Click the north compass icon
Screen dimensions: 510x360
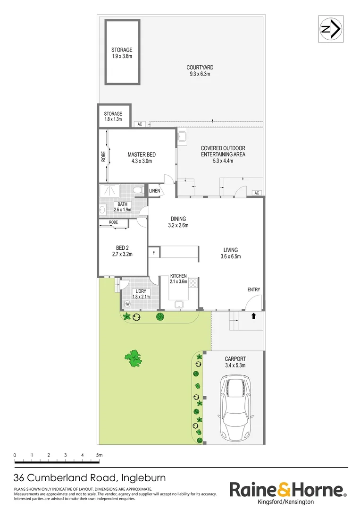click(331, 29)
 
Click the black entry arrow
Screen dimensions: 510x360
click(254, 315)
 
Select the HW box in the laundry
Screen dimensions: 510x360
click(127, 304)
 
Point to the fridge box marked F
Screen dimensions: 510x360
click(154, 253)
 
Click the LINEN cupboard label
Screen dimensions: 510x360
click(155, 191)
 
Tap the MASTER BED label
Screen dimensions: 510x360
click(142, 158)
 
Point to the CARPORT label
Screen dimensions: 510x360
click(235, 362)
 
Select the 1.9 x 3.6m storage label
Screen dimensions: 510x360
click(122, 53)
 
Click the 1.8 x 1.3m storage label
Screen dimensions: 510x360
click(113, 117)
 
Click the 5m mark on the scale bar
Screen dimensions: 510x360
click(99, 455)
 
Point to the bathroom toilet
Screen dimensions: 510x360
click(137, 190)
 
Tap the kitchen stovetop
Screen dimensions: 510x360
click(193, 283)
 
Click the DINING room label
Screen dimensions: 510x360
click(178, 222)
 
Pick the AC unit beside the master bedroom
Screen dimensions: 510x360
click(140, 124)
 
